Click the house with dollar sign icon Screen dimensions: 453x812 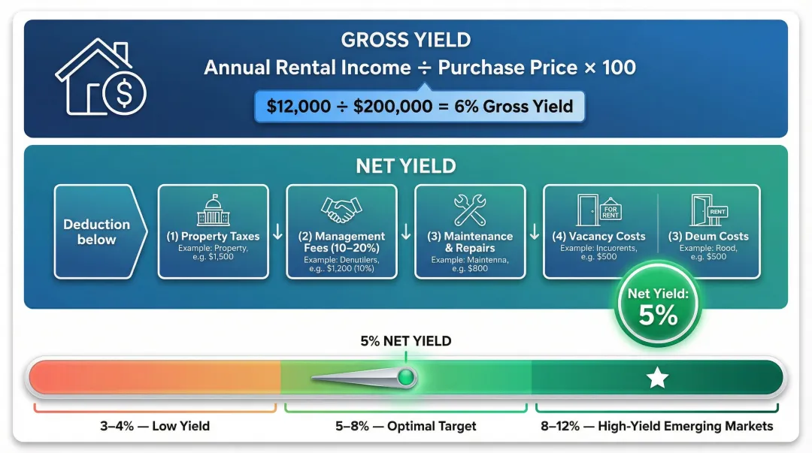pos(101,77)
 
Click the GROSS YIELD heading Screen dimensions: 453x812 pos(406,41)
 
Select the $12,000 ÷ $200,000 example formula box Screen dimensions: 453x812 pos(419,107)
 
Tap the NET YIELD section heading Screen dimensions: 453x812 pos(406,166)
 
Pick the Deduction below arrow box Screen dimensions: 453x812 pos(96,232)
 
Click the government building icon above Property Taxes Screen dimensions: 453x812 pos(213,211)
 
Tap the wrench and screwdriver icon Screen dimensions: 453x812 pos(470,211)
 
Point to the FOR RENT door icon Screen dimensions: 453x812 pos(598,210)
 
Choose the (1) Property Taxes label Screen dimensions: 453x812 pos(213,237)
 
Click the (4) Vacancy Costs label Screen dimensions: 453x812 pos(598,237)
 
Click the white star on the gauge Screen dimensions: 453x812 pos(658,378)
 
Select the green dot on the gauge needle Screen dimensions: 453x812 pos(406,377)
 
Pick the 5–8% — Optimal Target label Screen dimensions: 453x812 pos(406,426)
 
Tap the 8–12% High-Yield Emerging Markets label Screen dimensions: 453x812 pos(657,426)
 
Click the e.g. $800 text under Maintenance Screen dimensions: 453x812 pos(470,268)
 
